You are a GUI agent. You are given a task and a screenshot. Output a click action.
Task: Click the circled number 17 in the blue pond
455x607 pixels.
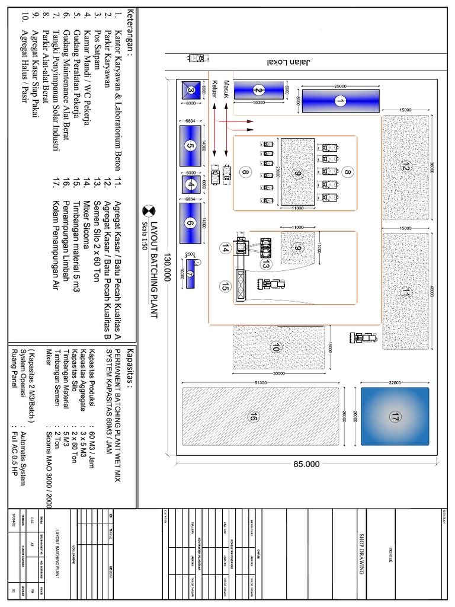[393, 418]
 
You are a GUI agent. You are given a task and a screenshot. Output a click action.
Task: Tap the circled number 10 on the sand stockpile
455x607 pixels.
[275, 349]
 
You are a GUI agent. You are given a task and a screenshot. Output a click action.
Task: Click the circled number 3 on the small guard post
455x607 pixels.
[191, 90]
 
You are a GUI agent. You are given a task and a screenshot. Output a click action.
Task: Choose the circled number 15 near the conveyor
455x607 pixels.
[225, 287]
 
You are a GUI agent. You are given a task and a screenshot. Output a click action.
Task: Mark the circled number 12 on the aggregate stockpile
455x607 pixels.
[405, 167]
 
